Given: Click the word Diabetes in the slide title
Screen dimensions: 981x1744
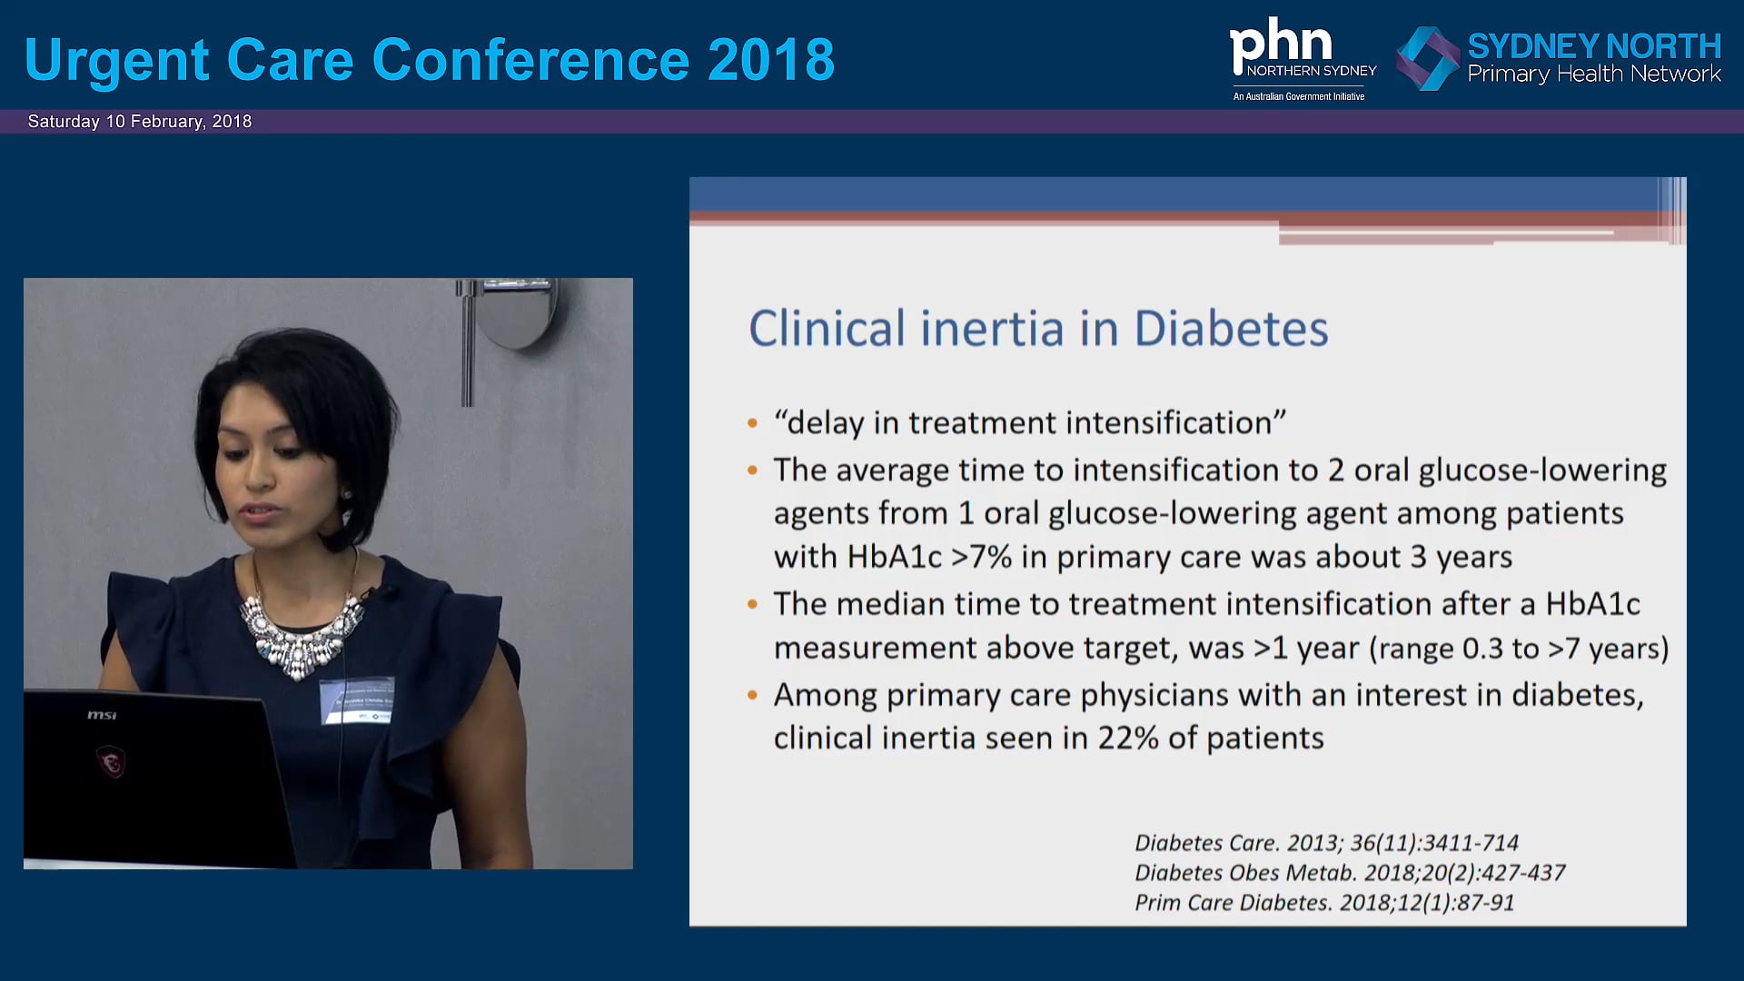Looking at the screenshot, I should [x=1231, y=329].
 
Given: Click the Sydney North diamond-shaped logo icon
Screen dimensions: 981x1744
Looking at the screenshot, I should [x=1427, y=58].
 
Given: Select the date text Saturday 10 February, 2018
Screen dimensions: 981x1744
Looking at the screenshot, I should [x=140, y=122].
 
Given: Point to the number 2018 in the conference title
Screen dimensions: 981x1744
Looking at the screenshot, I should [x=770, y=60].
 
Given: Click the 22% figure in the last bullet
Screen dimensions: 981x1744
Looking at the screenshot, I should [x=1128, y=738].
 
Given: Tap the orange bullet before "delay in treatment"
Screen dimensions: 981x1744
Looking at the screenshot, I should [x=752, y=423].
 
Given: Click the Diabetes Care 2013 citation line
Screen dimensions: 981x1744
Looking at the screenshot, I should [x=1326, y=843].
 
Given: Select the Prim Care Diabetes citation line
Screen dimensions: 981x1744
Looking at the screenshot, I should [x=1323, y=903].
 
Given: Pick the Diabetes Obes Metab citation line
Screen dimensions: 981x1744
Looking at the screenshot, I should [x=1349, y=873].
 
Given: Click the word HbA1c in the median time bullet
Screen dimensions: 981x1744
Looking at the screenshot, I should [x=1592, y=605].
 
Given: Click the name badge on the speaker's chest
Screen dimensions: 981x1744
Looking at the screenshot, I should [x=357, y=701].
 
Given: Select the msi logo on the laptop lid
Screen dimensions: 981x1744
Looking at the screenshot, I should [x=102, y=716].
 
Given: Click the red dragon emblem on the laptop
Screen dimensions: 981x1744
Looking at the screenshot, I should [x=111, y=761].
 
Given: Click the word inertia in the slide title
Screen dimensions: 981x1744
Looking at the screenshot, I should [x=992, y=329].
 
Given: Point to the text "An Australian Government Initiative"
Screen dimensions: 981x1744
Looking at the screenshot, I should [x=1298, y=96].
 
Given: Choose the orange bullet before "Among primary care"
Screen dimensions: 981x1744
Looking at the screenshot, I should [x=752, y=696].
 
